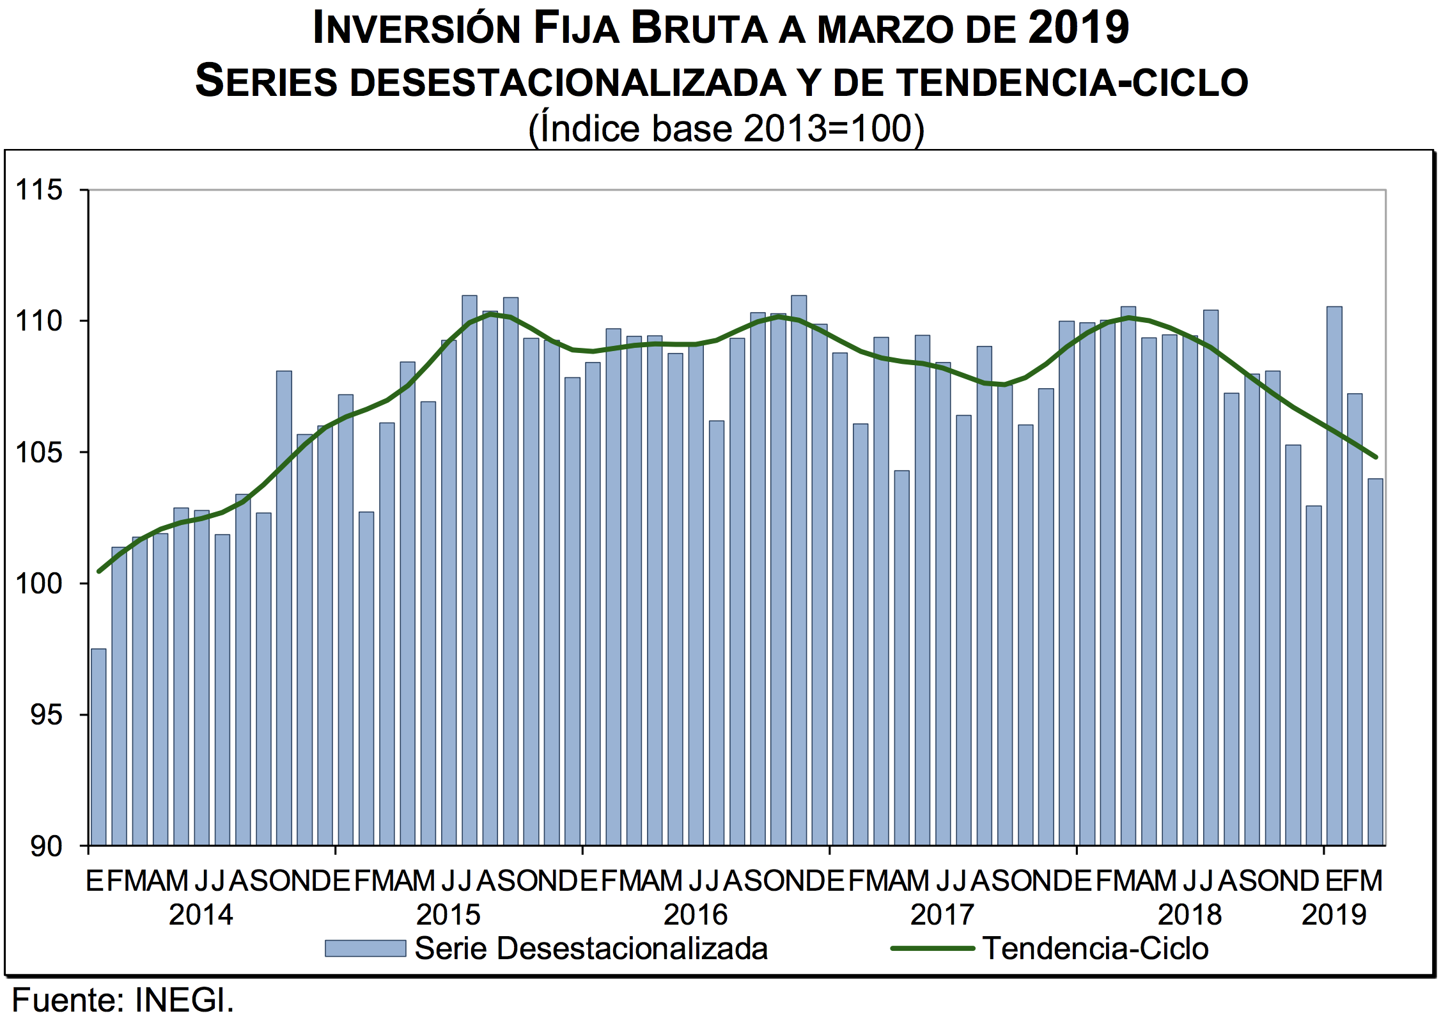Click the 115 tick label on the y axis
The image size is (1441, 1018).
[x=39, y=190]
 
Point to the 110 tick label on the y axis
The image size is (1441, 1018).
[x=39, y=321]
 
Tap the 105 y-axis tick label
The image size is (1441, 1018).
[x=39, y=453]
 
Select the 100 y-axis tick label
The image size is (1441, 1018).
[x=39, y=584]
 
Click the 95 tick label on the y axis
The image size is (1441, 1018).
[x=47, y=715]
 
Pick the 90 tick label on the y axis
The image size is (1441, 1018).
[x=47, y=847]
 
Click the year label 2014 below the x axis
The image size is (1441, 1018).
[x=201, y=915]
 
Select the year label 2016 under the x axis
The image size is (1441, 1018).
[x=696, y=915]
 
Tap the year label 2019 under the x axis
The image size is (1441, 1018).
[x=1334, y=915]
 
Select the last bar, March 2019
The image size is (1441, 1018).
[x=1375, y=662]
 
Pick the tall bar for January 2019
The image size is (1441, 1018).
[x=1334, y=576]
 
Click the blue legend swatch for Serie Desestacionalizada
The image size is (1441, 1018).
[x=365, y=948]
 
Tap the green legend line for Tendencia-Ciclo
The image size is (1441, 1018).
[x=932, y=948]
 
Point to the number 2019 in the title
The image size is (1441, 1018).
[x=1079, y=28]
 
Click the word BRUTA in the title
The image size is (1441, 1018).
[x=699, y=28]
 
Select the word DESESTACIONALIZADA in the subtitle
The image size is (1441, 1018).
[x=568, y=82]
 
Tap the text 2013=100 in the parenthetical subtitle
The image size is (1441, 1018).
[x=828, y=129]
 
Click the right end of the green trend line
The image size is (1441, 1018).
[x=1375, y=457]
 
